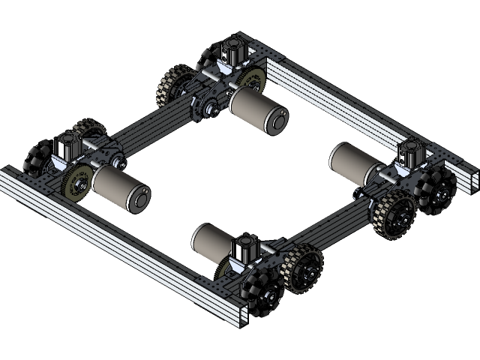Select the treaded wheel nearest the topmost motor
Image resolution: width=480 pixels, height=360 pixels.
tap(174, 87)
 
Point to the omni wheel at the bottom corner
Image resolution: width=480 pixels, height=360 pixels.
tap(258, 295)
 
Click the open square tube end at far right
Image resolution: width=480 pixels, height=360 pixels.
tap(471, 179)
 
